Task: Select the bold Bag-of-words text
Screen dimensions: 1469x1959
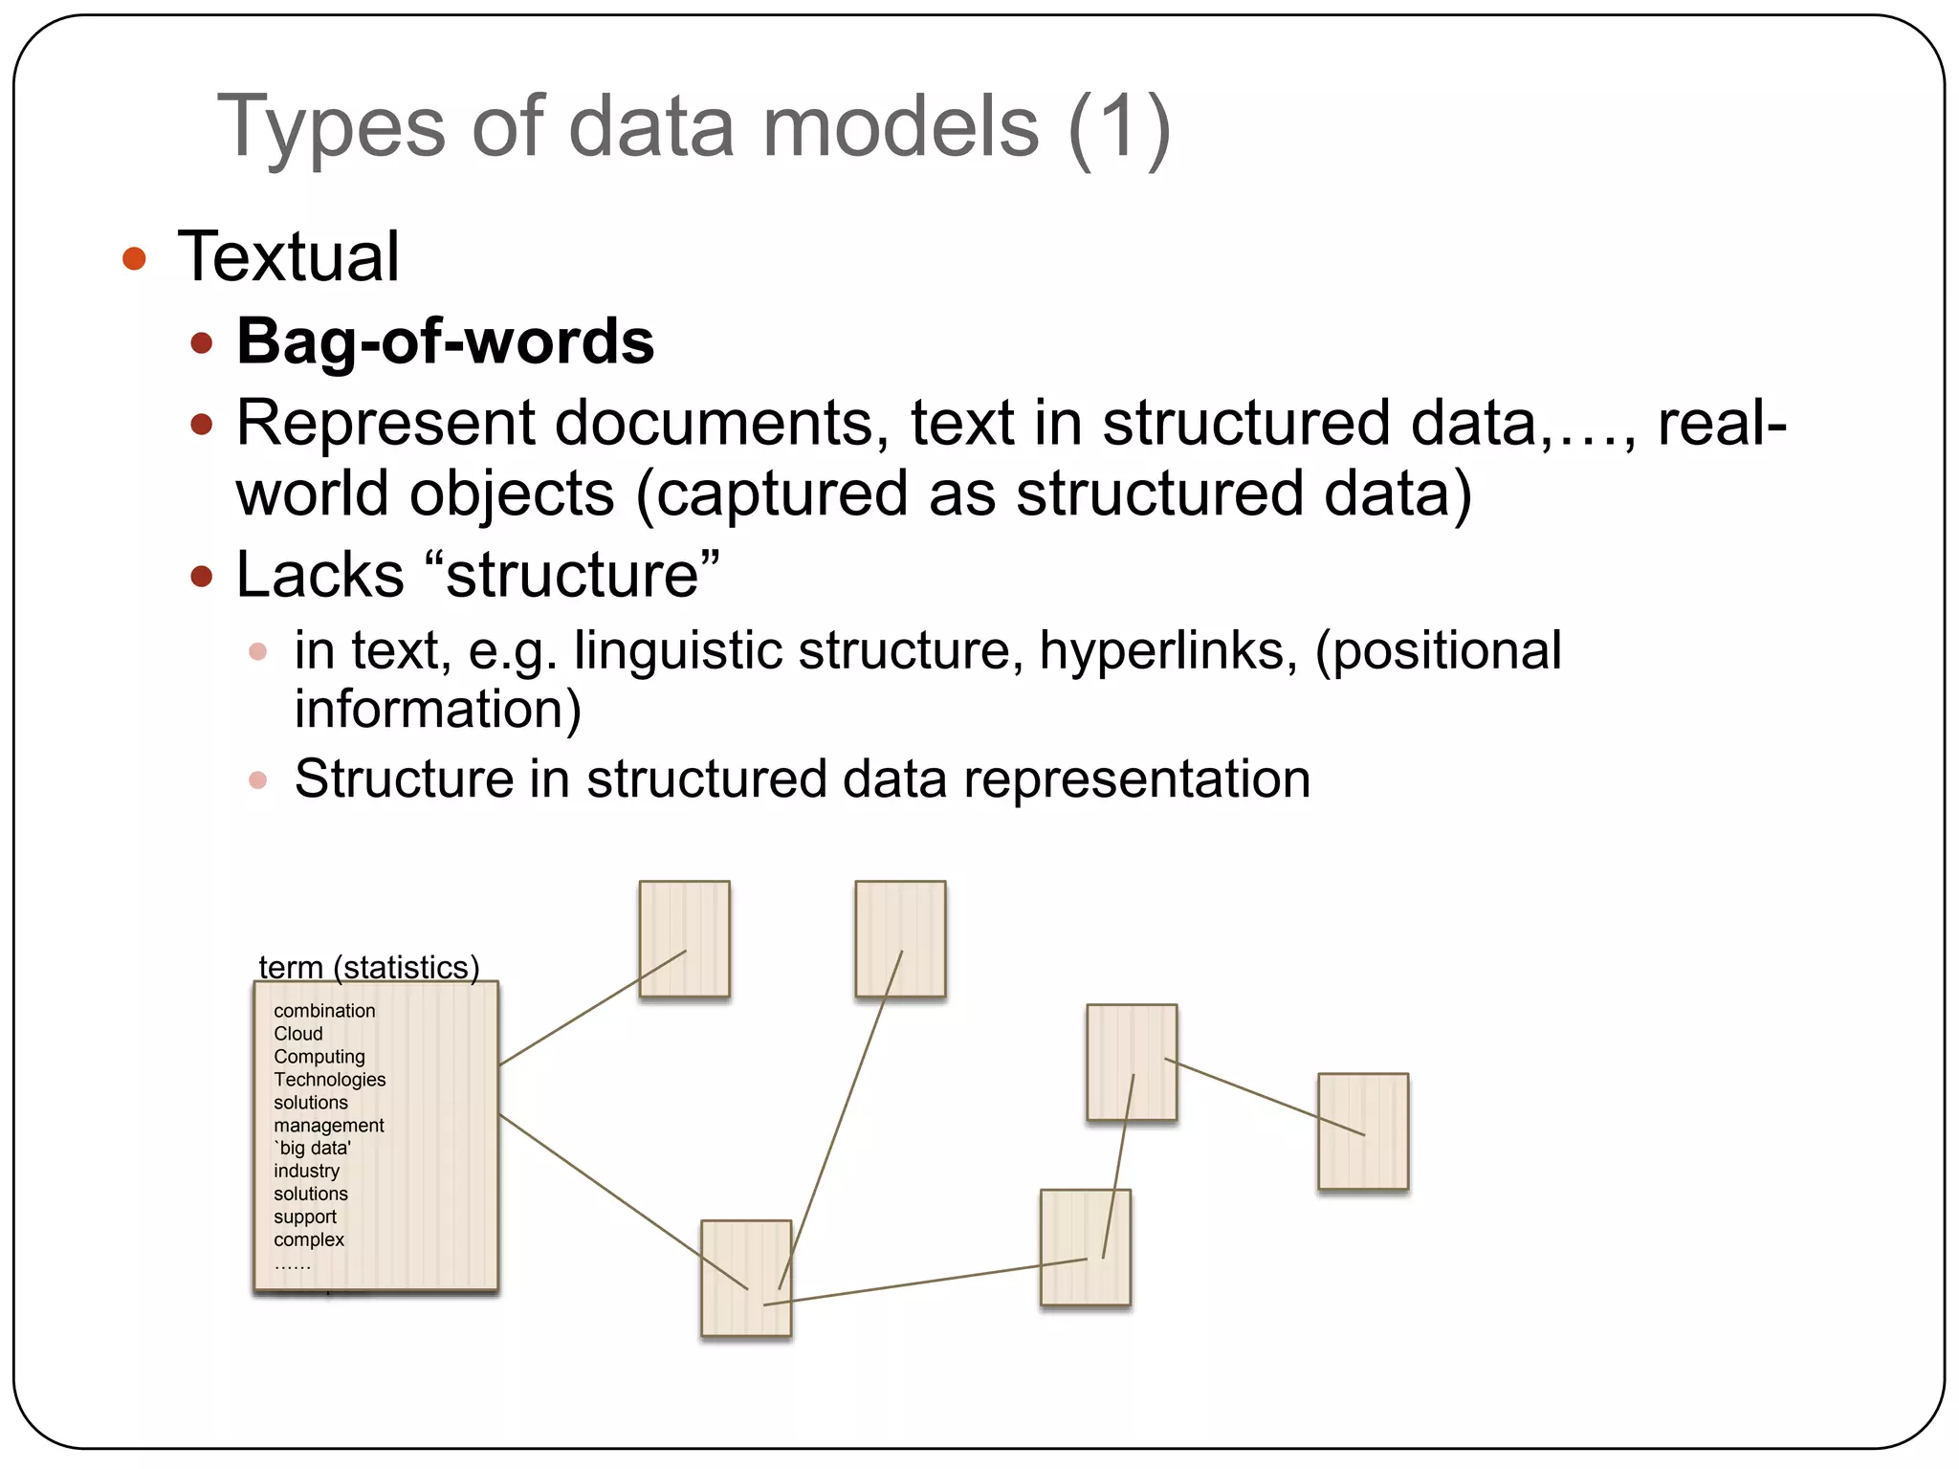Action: [445, 341]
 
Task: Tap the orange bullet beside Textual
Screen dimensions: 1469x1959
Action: [134, 258]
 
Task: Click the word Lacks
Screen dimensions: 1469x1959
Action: [319, 575]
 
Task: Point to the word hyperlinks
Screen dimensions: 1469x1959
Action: [1168, 650]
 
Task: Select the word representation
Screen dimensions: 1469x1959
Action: [1136, 778]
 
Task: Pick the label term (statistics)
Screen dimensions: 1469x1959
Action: [369, 967]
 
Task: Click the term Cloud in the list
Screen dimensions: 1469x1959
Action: [298, 1034]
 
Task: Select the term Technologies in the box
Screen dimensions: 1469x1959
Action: [330, 1080]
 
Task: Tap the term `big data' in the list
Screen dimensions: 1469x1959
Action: [313, 1149]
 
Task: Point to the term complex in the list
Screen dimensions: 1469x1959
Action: [309, 1239]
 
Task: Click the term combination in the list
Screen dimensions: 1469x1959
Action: [324, 1011]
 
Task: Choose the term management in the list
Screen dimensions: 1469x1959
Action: [329, 1126]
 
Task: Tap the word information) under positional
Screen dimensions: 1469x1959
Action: [437, 710]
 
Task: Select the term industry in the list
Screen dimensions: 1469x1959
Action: [306, 1171]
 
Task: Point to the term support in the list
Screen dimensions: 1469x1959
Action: [305, 1217]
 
